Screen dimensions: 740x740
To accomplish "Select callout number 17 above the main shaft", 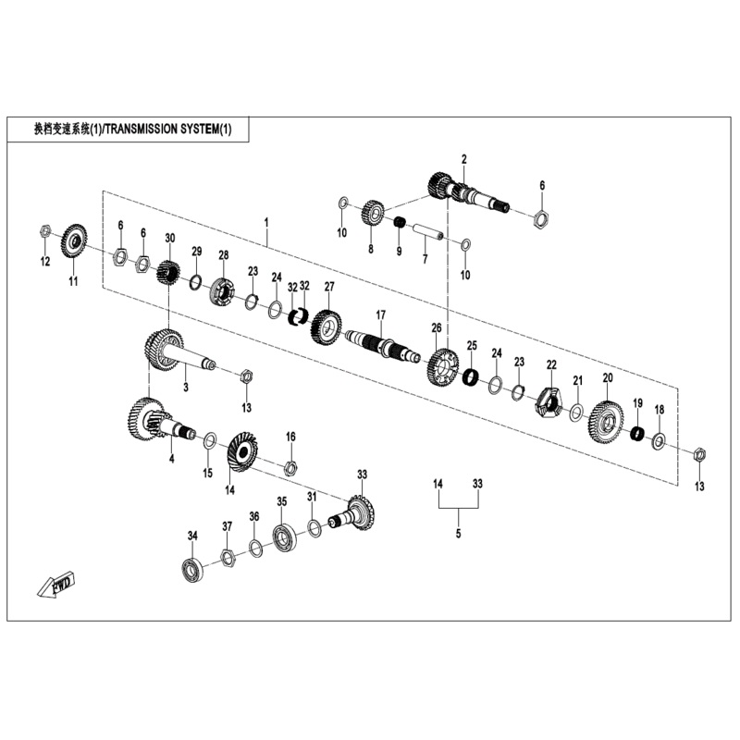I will (379, 315).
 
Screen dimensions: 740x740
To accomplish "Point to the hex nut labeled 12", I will (44, 231).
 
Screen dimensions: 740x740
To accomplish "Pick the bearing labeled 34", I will (193, 570).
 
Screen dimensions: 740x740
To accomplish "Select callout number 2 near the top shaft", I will (463, 159).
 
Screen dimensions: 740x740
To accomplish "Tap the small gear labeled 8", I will (373, 213).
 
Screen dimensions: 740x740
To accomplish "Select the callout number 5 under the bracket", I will (458, 534).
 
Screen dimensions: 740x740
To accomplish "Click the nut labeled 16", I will (290, 466).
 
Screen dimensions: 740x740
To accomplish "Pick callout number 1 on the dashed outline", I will (266, 223).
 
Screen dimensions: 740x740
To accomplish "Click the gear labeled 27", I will (327, 325).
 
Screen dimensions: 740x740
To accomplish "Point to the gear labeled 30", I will (168, 273).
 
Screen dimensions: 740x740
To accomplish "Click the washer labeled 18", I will (659, 441).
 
